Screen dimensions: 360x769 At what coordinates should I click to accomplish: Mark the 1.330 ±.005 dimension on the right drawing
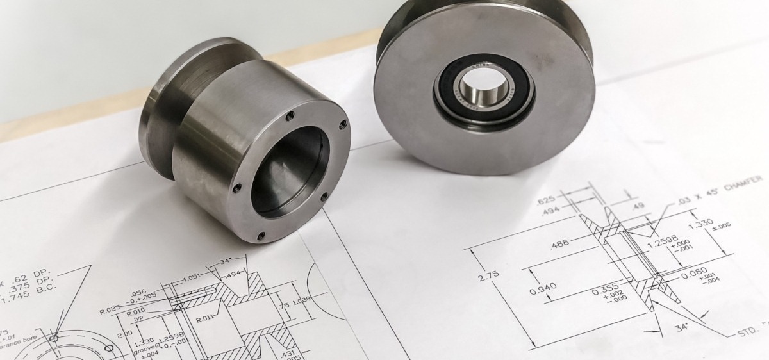pyautogui.click(x=702, y=224)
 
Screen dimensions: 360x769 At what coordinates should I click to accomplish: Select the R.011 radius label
pyautogui.click(x=204, y=318)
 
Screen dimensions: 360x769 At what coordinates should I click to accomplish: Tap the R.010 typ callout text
pyautogui.click(x=135, y=315)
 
